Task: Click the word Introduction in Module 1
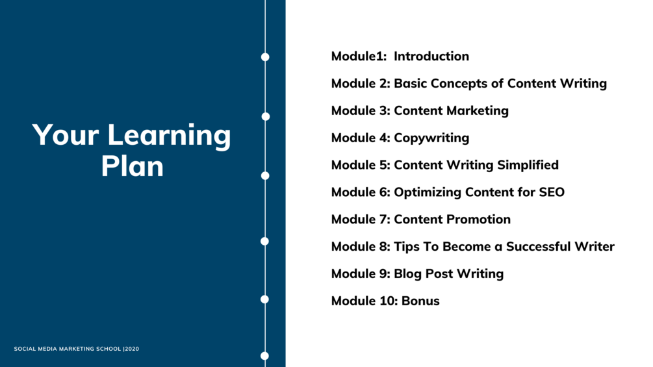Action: (431, 56)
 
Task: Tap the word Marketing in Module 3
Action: (478, 110)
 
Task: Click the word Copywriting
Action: (431, 138)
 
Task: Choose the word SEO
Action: (552, 192)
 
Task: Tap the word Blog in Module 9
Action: (407, 274)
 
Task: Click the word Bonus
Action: (420, 301)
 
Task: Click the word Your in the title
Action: (66, 135)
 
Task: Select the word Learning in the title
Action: (169, 136)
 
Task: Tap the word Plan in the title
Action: (133, 166)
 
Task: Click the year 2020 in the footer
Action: (132, 349)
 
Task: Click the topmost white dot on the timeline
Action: (265, 57)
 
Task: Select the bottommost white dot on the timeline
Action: (265, 356)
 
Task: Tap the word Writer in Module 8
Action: (595, 246)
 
